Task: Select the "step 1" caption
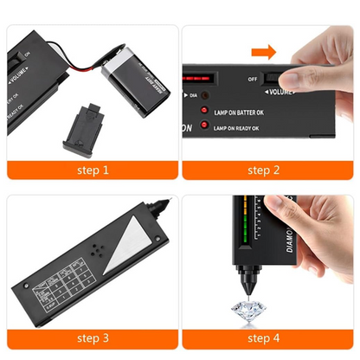[x=92, y=169]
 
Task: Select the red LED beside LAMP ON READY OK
[x=206, y=127]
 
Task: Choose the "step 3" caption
[x=92, y=337]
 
